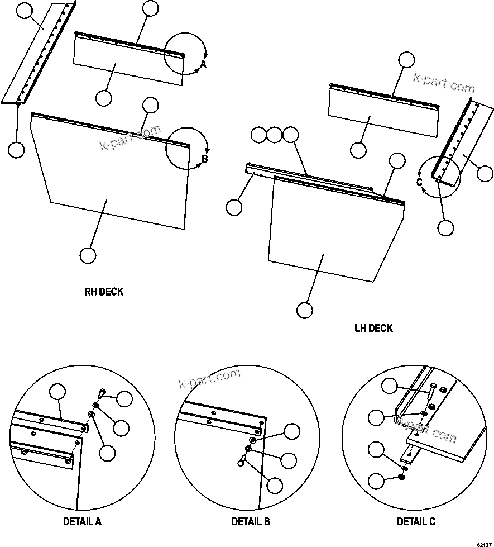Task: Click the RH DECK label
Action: tap(103, 292)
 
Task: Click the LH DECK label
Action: tap(373, 328)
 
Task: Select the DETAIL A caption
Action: tap(82, 522)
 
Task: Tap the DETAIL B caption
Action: tap(251, 522)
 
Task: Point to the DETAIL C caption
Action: tap(416, 522)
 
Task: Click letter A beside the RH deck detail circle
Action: tap(203, 65)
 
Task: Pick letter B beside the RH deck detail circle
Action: tap(204, 159)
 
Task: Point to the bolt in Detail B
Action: tap(241, 461)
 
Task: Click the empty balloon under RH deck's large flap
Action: tap(88, 255)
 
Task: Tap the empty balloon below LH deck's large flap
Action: tap(304, 310)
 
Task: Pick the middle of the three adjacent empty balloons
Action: tap(274, 135)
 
